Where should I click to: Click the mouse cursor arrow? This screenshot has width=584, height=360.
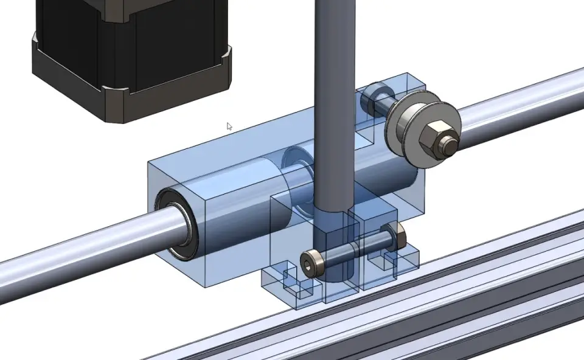(229, 126)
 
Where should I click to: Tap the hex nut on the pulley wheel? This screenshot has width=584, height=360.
(436, 139)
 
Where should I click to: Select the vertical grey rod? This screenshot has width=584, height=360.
(335, 91)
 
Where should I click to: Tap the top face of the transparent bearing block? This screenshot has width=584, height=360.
(243, 146)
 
